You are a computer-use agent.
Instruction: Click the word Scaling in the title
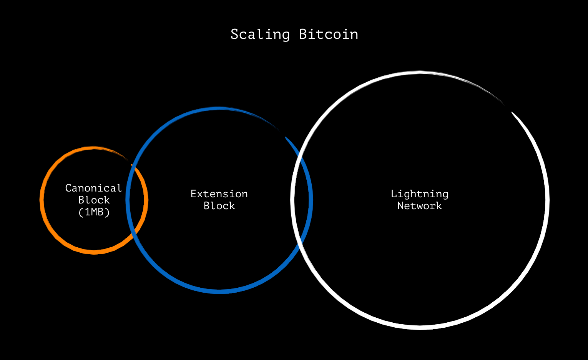tap(260, 35)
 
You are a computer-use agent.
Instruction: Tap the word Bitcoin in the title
tap(329, 34)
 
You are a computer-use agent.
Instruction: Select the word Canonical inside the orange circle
tap(93, 188)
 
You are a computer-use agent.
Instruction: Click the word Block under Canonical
tap(94, 200)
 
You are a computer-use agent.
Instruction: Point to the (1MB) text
tap(94, 212)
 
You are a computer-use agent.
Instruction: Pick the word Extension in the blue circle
tap(219, 194)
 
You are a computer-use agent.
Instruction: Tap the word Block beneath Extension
tap(219, 206)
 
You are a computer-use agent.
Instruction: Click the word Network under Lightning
tap(419, 206)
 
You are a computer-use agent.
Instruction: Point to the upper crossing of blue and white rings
tap(300, 155)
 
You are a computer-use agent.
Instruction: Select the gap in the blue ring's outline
tap(282, 133)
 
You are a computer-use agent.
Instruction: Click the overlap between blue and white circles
tap(301, 200)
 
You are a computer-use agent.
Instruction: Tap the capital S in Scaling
tap(234, 35)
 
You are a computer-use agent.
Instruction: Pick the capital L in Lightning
tap(394, 194)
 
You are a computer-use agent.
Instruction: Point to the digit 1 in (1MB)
tap(88, 212)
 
